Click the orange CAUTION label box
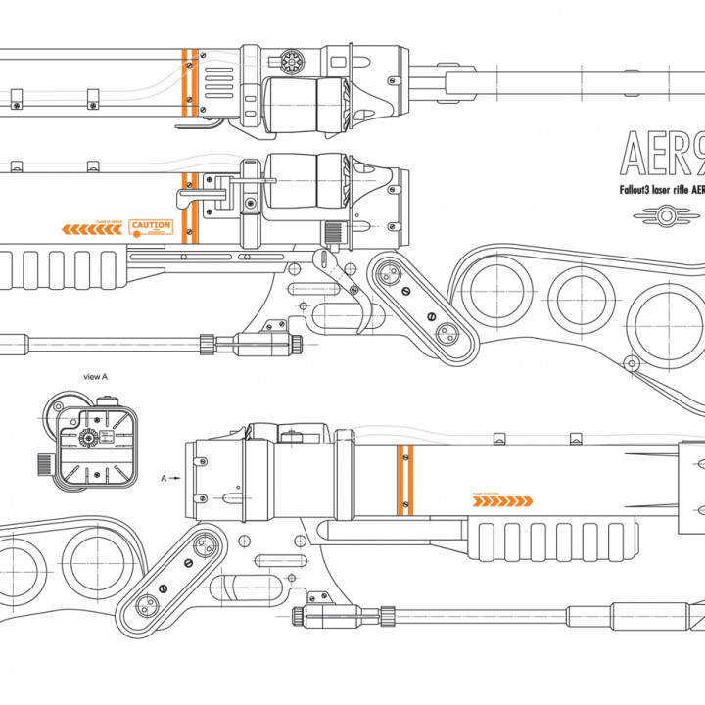tap(151, 227)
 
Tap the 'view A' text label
tap(96, 376)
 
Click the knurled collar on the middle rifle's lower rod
tap(207, 344)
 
